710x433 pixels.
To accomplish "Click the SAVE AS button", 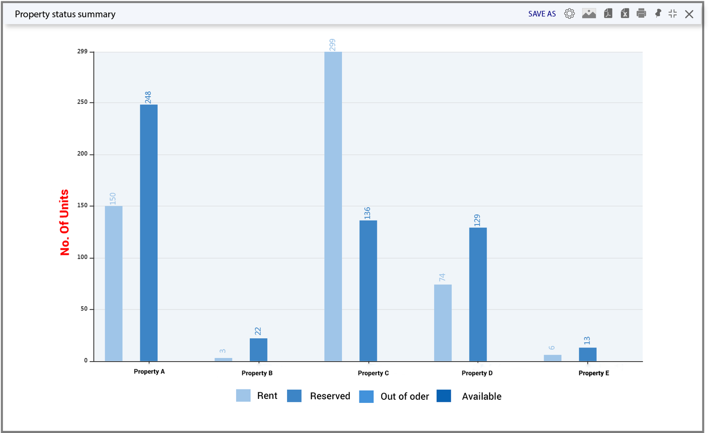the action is click(542, 14).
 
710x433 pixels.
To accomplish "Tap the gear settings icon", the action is click(569, 14).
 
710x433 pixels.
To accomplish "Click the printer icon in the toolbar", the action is click(641, 13).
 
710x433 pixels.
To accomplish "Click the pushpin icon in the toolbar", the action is click(658, 13).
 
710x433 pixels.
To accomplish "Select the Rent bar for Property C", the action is click(333, 206).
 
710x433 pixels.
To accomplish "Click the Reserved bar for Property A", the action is click(149, 233).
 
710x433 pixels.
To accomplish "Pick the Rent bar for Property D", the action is click(443, 323).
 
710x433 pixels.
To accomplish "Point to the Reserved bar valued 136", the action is click(368, 291).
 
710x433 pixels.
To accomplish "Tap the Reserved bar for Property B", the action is click(258, 350).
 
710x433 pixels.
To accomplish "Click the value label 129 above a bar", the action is click(477, 220).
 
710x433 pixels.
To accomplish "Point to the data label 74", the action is click(442, 277).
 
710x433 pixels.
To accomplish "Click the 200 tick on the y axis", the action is click(83, 154).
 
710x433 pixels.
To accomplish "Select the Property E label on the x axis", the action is click(594, 373).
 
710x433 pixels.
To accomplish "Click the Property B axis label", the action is click(257, 373).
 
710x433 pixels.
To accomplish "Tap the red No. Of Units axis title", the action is click(64, 223).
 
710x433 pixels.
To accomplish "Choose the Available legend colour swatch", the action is click(444, 396).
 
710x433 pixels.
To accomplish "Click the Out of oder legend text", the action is click(405, 397).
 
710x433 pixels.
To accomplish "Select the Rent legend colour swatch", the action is click(243, 396).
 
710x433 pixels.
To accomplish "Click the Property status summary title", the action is click(65, 14).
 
